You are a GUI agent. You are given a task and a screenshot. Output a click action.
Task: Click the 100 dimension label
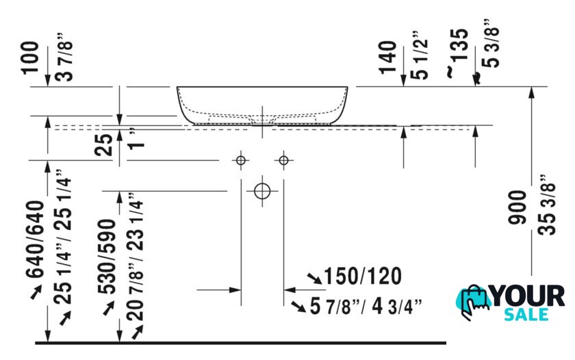click(30, 57)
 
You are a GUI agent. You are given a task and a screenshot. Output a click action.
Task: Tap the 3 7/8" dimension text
click(65, 56)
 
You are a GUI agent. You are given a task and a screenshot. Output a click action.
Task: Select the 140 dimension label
click(388, 57)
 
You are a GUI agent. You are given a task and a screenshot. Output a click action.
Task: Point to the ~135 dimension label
click(459, 52)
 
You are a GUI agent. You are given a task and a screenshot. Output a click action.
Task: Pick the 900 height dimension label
click(517, 207)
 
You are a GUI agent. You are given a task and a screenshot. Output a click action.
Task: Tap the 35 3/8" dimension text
click(548, 205)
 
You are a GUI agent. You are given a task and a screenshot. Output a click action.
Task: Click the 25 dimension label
click(104, 145)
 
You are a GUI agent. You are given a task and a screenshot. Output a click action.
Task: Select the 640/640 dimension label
click(35, 240)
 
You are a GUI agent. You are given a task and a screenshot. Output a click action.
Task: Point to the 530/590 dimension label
click(107, 257)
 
